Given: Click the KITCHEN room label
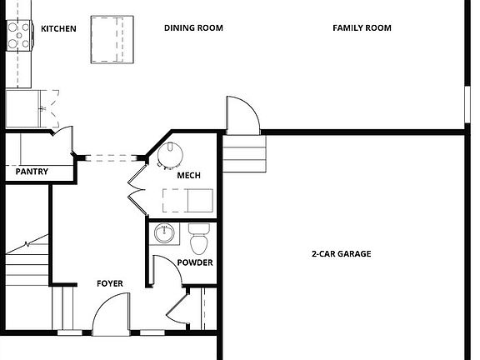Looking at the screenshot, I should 58,29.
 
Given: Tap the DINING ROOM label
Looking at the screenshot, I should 193,28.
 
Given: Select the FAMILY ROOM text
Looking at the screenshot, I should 362,28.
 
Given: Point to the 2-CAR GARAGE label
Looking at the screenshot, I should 341,254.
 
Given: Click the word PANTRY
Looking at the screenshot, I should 32,172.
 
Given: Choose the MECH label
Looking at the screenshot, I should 187,176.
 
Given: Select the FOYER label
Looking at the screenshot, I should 110,284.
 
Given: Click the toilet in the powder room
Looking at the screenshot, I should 199,239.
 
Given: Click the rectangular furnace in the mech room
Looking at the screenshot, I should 188,200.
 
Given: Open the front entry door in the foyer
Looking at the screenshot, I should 110,318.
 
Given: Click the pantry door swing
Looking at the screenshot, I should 63,140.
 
